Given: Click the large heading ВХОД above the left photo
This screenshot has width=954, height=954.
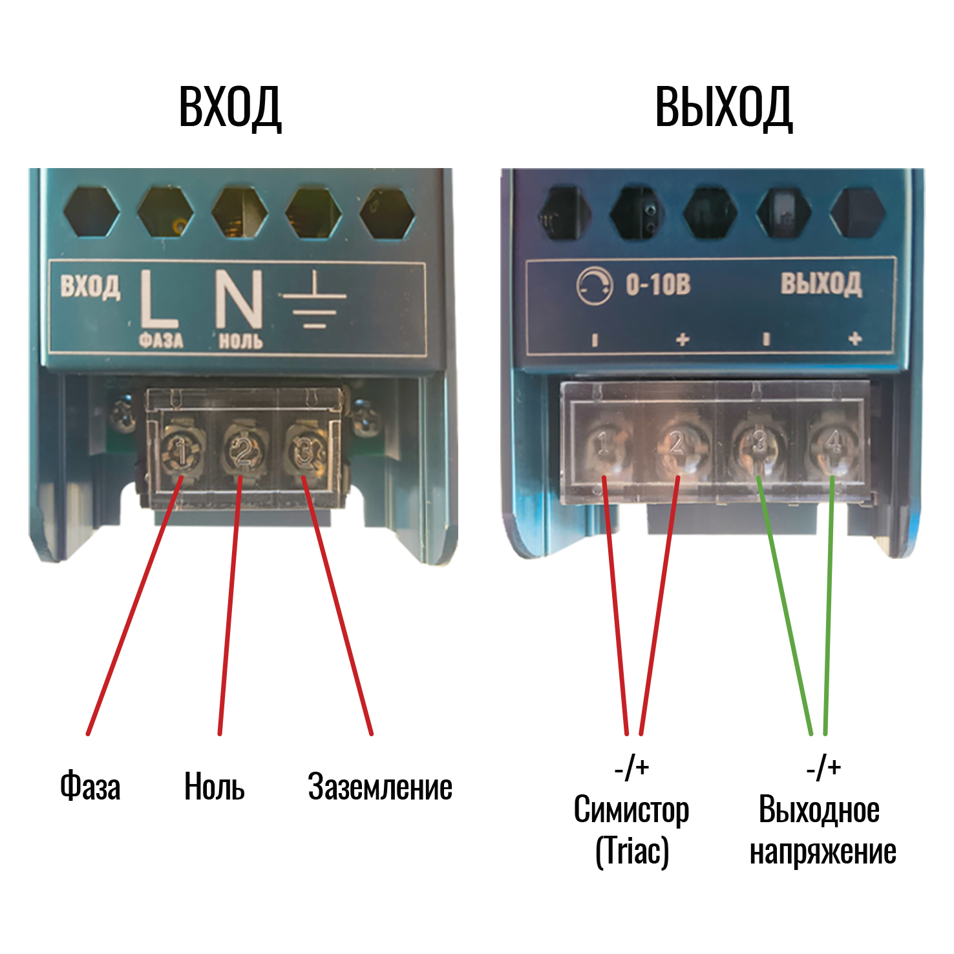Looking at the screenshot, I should pos(230,107).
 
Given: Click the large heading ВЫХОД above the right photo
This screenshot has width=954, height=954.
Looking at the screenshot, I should pos(723,107).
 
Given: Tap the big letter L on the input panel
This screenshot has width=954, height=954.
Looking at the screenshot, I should pos(157,299).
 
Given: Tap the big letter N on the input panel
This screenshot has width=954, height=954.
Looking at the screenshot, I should pos(239,299).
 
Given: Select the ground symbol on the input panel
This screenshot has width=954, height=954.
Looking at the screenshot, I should pos(313,301).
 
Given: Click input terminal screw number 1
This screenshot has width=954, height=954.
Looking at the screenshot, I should pos(182,449).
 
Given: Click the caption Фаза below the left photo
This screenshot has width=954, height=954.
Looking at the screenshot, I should pos(90,787).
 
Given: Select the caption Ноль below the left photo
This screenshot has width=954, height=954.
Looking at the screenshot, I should pos(215,787).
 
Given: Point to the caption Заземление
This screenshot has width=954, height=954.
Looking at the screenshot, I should pos(380,787).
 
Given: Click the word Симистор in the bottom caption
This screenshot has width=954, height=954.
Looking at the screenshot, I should pos(631,811).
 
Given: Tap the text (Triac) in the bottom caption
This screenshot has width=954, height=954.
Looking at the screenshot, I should pos(631,851).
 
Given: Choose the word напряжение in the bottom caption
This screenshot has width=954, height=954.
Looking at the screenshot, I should pos(823,853).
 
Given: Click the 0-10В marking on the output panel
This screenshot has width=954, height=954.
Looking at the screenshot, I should pos(658,284).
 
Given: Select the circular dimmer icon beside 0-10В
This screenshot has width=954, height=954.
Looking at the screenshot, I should pos(594,286).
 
